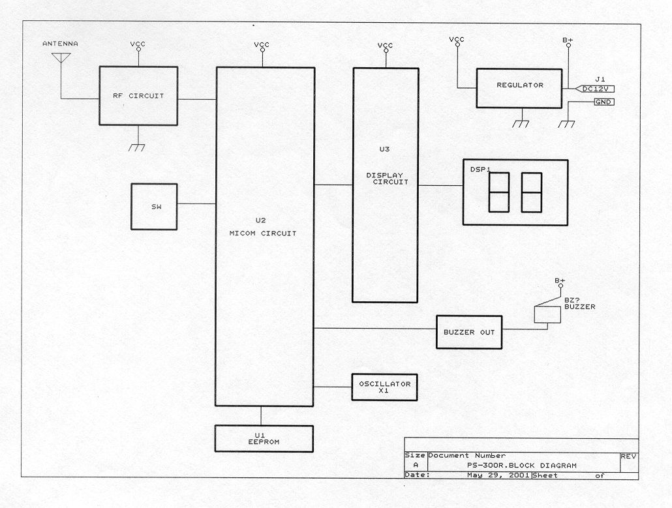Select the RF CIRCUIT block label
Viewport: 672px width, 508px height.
click(x=138, y=96)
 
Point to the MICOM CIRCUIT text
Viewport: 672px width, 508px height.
click(x=263, y=233)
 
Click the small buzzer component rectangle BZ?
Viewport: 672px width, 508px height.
click(x=547, y=314)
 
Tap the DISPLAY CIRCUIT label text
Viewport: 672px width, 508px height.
click(x=387, y=179)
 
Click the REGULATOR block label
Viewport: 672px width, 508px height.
click(x=520, y=85)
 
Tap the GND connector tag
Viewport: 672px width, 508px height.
click(x=604, y=102)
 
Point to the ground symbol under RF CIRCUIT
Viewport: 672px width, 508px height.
click(x=137, y=148)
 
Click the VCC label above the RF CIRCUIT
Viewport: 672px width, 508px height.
click(x=138, y=44)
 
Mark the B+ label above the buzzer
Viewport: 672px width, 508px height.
click(x=560, y=281)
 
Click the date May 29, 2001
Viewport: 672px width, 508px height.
click(x=498, y=475)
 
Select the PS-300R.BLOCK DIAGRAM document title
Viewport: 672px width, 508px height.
click(x=522, y=466)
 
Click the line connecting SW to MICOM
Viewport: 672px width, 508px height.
click(x=196, y=204)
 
